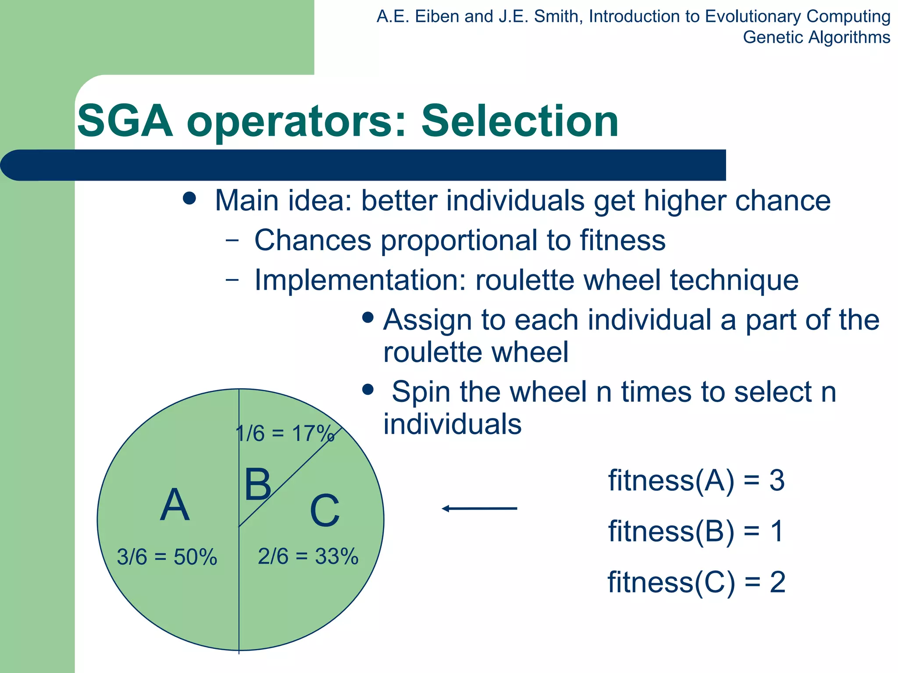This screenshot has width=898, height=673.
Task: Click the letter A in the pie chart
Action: click(175, 505)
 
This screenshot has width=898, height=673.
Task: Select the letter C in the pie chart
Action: click(324, 511)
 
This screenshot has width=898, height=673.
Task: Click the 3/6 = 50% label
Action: click(167, 557)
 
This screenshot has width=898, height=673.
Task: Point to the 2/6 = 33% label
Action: click(308, 556)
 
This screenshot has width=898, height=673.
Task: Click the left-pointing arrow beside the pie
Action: click(479, 508)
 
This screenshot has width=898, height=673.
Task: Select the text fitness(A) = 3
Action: click(696, 481)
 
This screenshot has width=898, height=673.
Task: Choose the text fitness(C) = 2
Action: click(696, 582)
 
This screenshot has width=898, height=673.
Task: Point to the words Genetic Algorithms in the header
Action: click(816, 37)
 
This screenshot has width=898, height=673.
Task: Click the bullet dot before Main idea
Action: click(189, 198)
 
